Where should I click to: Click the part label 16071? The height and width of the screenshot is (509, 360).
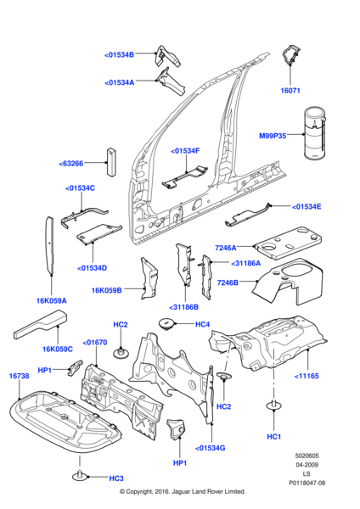(290, 91)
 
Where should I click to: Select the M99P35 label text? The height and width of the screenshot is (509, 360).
(273, 136)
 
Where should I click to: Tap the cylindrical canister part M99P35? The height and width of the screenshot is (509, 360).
(315, 134)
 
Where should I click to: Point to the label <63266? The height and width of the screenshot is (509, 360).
(70, 164)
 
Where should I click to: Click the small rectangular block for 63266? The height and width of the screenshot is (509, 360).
(111, 162)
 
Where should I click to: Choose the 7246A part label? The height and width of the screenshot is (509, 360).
(226, 248)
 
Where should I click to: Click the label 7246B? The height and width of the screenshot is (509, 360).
(228, 282)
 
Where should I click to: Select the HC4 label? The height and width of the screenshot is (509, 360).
(202, 324)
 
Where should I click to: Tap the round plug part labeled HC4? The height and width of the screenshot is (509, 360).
(166, 324)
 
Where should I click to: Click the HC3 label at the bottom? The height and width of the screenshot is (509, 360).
(116, 478)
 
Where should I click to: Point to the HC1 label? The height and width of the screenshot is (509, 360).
(274, 437)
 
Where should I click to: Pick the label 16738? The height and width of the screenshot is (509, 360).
(19, 376)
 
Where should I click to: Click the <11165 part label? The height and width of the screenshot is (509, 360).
(307, 376)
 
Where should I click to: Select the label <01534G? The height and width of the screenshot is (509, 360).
(211, 448)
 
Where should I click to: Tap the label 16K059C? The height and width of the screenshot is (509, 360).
(58, 350)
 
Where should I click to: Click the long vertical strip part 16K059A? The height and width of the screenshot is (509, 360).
(49, 245)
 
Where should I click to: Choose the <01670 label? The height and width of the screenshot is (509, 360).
(95, 343)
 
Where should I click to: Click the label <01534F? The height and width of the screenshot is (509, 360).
(185, 151)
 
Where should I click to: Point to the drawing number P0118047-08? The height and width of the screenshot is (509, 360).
(307, 483)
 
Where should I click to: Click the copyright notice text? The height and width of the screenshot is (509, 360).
(183, 491)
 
